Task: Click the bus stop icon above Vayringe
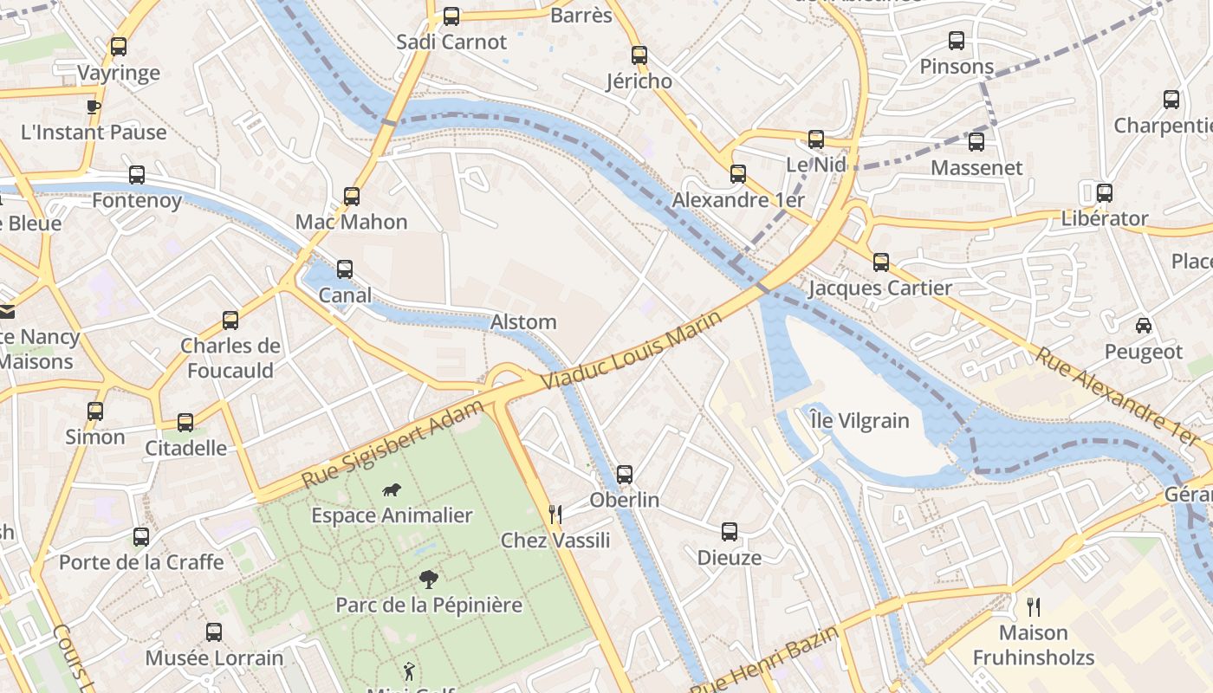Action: click(x=119, y=47)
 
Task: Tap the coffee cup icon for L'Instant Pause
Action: click(x=94, y=107)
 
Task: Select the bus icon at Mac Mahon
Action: click(x=351, y=197)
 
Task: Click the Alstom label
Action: click(x=523, y=322)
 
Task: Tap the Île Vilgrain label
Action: click(x=859, y=421)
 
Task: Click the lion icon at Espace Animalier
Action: click(x=392, y=490)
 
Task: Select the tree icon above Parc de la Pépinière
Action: click(x=428, y=580)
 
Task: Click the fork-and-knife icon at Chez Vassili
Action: click(x=555, y=515)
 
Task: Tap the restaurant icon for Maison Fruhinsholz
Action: click(x=1033, y=606)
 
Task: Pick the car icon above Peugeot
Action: click(x=1143, y=326)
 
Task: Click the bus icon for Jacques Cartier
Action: click(x=880, y=262)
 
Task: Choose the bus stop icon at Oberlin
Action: click(x=625, y=475)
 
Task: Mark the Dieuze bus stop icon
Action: click(x=730, y=532)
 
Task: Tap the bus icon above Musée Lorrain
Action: click(x=214, y=632)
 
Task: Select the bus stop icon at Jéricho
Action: click(x=639, y=55)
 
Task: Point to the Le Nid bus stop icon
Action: click(x=815, y=139)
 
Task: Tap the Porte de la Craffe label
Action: click(x=141, y=562)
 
